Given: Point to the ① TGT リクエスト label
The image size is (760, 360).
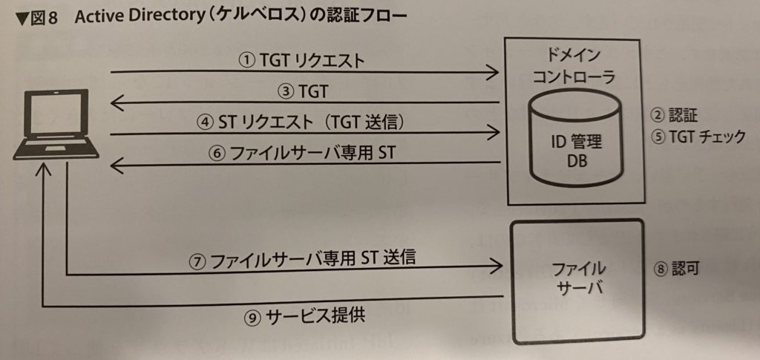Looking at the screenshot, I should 302,61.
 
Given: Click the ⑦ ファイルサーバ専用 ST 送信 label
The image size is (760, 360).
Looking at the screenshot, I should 302,259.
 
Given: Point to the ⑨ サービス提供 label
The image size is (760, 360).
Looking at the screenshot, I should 304,316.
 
